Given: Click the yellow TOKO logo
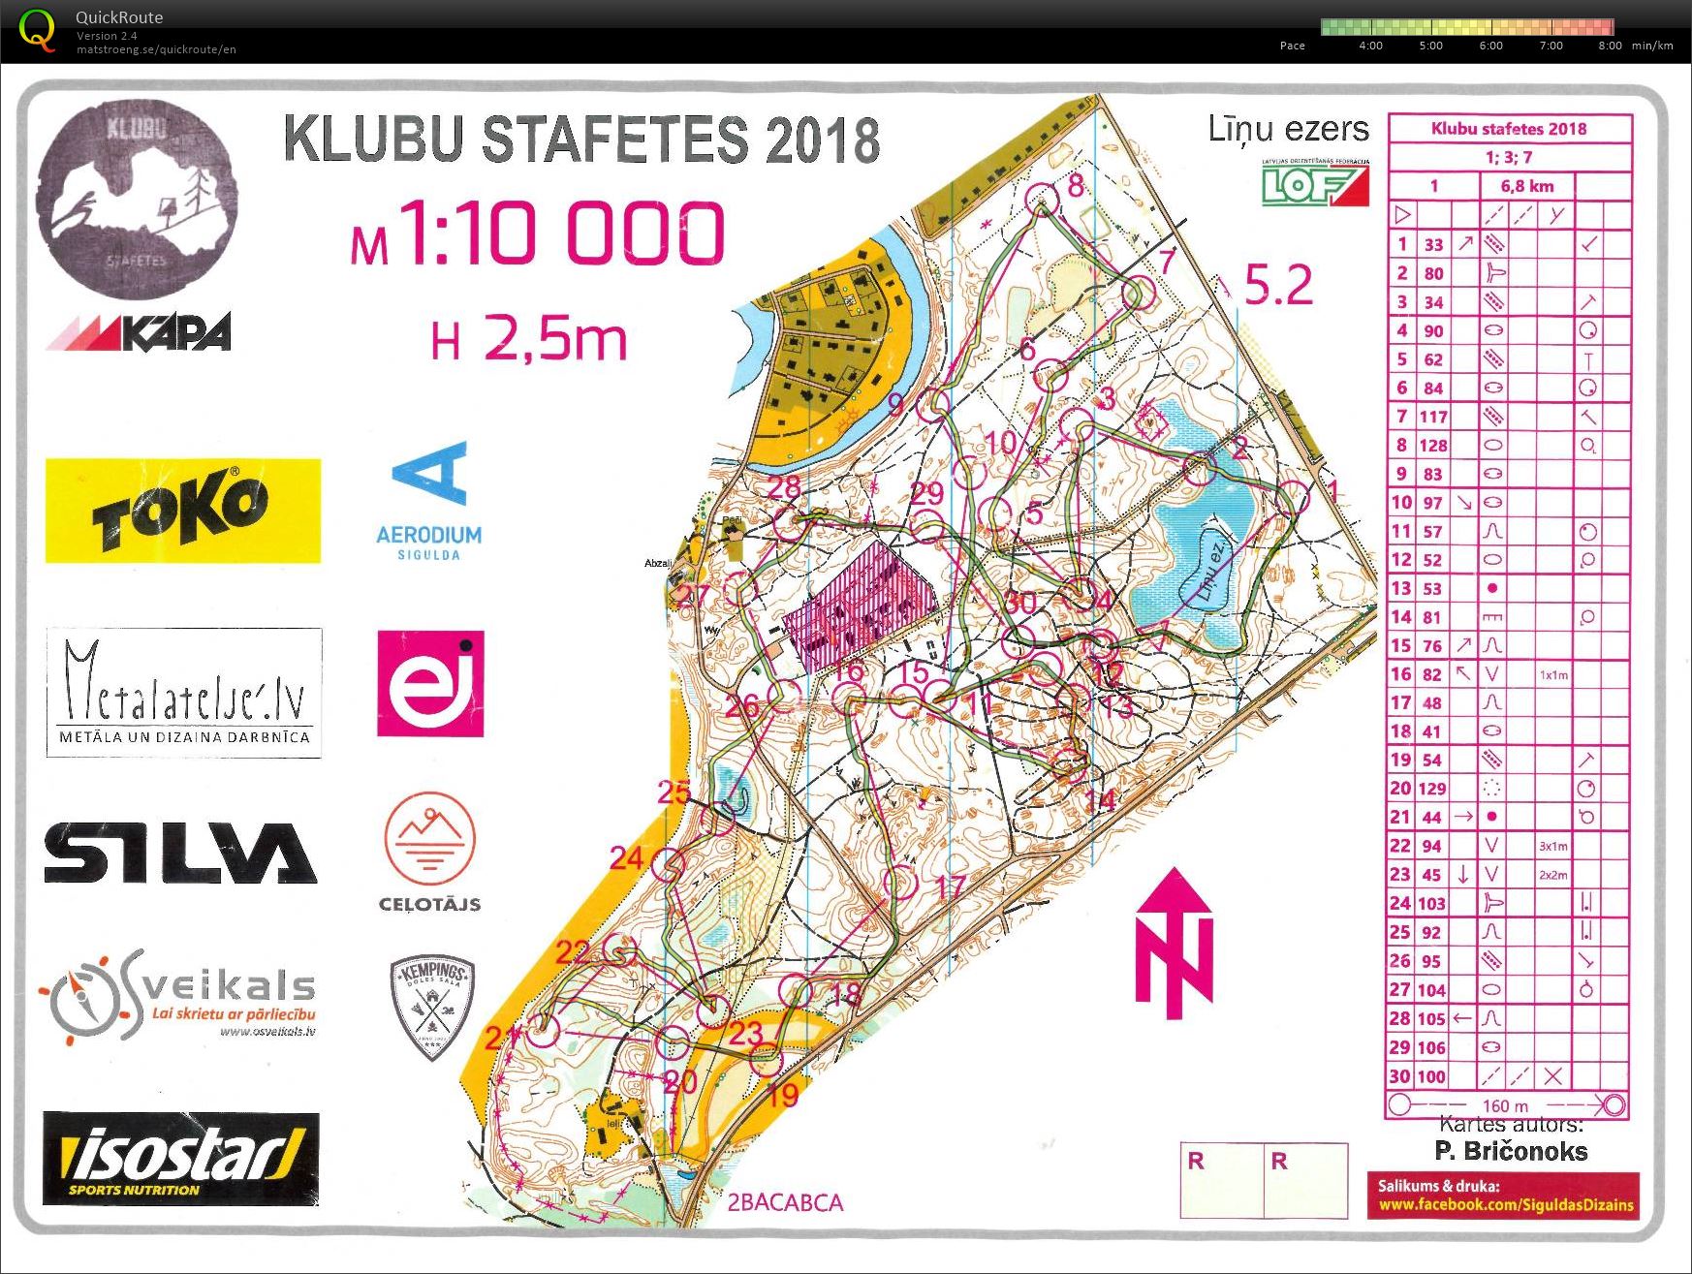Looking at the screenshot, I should pos(182,511).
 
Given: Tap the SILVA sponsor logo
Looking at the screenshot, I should pos(180,853).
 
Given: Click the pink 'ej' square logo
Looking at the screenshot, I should pos(430,683).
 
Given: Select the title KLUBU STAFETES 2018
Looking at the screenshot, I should pos(581,140).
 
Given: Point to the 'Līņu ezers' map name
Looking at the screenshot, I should pos(1288,130).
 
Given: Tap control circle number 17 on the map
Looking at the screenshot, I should pos(901,884).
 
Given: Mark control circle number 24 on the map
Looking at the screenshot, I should pos(668,863).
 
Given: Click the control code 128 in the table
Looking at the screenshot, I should pos(1432,446).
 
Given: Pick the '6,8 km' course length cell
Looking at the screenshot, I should pos(1526,186).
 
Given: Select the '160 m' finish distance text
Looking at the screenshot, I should pos(1504,1105).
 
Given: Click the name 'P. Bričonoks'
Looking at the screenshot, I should pos(1510,1151).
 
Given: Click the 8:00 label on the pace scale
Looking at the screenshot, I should pos(1611,46).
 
